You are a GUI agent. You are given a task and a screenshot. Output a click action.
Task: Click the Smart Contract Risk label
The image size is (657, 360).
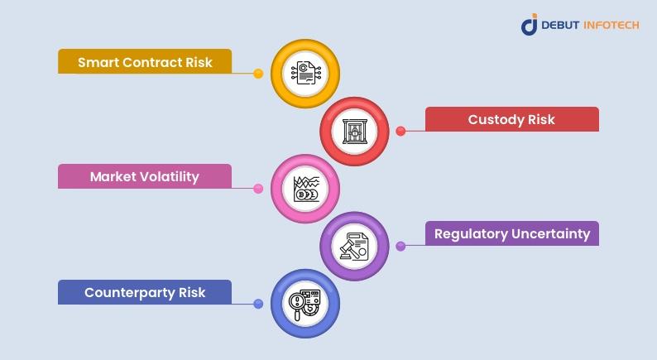145,61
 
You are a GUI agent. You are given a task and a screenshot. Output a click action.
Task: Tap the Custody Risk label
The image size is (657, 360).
511,119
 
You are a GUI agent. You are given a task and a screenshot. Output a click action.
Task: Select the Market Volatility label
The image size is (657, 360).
145,176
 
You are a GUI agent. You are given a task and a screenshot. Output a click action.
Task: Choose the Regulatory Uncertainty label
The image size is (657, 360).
511,233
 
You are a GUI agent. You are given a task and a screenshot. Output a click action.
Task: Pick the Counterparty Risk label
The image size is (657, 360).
145,292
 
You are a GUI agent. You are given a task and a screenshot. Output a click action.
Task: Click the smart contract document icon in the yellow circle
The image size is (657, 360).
305,73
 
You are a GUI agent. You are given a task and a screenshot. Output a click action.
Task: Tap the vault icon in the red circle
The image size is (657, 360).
355,132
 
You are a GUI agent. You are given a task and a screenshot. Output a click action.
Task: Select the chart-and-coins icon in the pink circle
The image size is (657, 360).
306,189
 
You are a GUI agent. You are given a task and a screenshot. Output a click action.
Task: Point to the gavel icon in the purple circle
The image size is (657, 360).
354,247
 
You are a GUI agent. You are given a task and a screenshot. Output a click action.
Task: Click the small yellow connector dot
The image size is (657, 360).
258,74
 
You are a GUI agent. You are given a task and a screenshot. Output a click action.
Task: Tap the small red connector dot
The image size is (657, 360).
400,132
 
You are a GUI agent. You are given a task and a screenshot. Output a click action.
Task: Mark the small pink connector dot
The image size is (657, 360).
258,189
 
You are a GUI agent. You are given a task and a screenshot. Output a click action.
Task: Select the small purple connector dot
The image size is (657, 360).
400,246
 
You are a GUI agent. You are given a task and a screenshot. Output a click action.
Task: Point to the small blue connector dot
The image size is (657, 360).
258,304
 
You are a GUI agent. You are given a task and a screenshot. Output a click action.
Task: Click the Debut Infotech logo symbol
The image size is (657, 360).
530,25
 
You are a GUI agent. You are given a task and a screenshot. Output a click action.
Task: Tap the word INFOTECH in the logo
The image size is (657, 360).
611,25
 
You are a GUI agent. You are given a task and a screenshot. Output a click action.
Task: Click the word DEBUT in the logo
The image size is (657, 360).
560,25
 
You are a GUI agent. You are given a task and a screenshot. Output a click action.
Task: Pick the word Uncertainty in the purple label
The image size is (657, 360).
550,234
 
